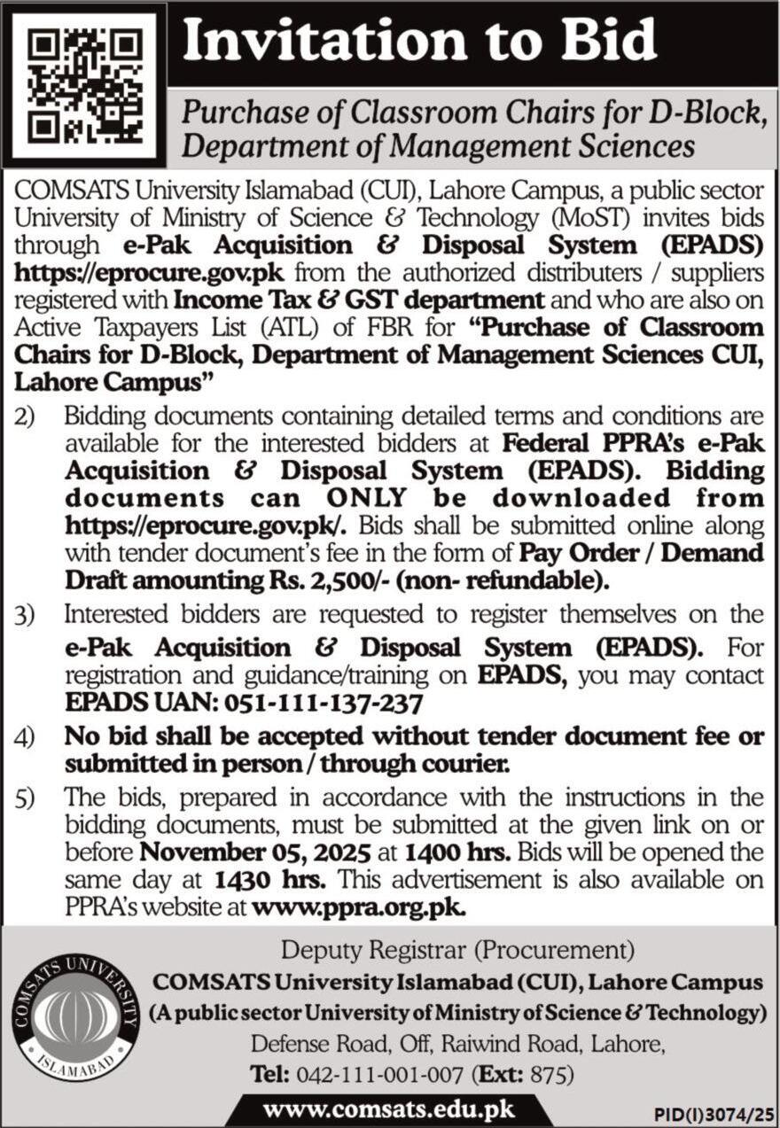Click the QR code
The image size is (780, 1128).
pyautogui.click(x=85, y=84)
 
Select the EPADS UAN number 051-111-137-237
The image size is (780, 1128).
pyautogui.click(x=324, y=703)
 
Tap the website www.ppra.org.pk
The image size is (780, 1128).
pyautogui.click(x=359, y=907)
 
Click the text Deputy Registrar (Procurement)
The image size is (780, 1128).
pyautogui.click(x=456, y=952)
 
